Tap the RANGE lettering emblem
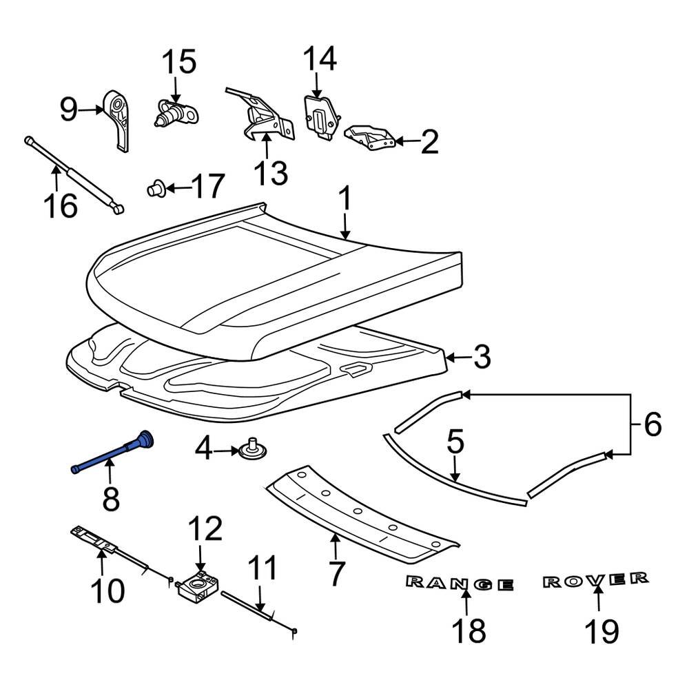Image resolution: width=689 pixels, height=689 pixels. pyautogui.click(x=460, y=584)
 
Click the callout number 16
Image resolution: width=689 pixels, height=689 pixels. pyautogui.click(x=60, y=205)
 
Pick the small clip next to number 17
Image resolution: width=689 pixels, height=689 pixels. pyautogui.click(x=156, y=187)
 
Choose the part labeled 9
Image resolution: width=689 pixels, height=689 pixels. pyautogui.click(x=119, y=118)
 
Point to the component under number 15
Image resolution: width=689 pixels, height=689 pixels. pyautogui.click(x=176, y=111)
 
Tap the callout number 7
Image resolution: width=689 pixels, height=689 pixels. pyautogui.click(x=335, y=574)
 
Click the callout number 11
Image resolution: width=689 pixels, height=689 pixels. pyautogui.click(x=262, y=569)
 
